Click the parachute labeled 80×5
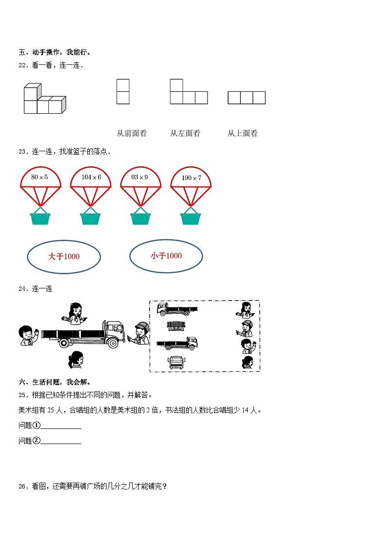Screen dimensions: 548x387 40,178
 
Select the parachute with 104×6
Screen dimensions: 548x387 91,178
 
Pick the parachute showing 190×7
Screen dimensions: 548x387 191,178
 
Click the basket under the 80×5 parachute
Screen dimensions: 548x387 40,217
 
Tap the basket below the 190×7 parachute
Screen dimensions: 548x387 191,217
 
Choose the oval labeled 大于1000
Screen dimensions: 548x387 64,256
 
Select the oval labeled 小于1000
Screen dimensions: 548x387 166,256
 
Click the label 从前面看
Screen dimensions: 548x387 132,133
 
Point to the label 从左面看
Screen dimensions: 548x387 185,133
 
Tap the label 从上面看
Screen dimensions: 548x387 242,133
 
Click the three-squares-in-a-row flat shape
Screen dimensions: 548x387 247,98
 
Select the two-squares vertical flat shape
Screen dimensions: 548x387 123,92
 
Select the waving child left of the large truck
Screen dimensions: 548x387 27,336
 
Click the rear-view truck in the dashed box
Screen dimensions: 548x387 176,325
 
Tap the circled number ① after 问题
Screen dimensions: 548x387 37,425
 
